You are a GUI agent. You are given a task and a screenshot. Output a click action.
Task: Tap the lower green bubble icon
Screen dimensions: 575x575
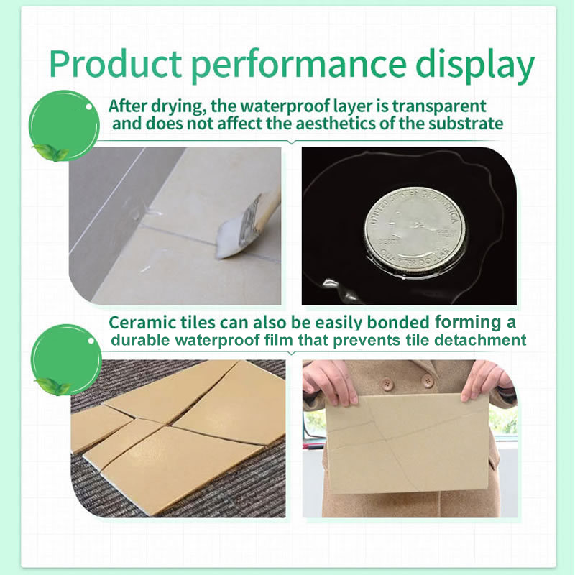[x=65, y=357]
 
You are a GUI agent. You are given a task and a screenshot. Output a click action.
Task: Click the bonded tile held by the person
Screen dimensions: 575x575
[x=406, y=441]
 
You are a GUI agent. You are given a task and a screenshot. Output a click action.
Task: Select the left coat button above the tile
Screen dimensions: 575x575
[x=387, y=383]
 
